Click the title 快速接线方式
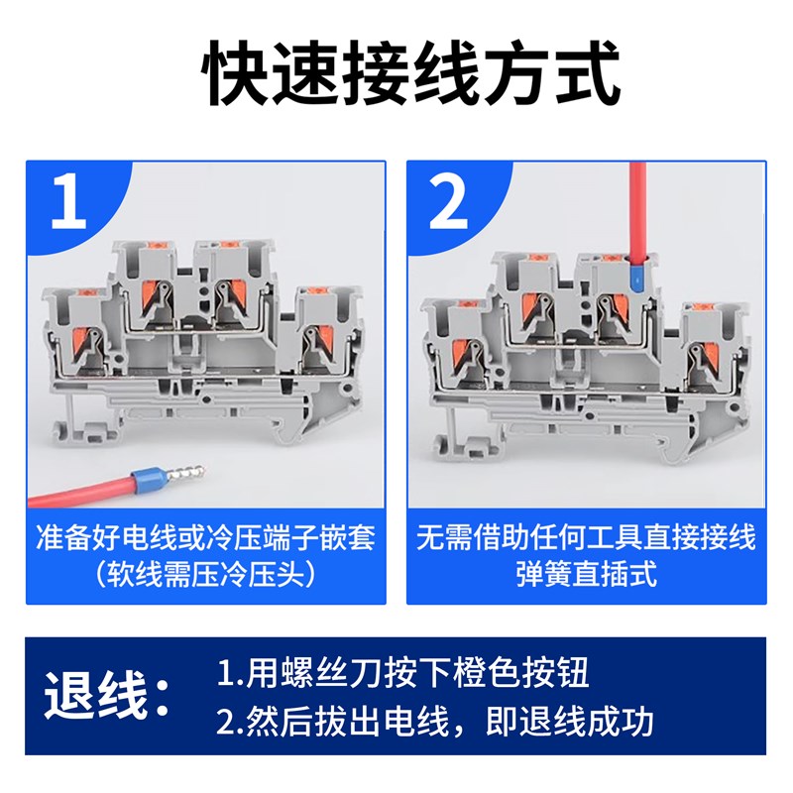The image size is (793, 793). point(396,74)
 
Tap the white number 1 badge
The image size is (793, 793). point(67,200)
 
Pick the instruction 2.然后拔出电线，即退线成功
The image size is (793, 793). point(435,722)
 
